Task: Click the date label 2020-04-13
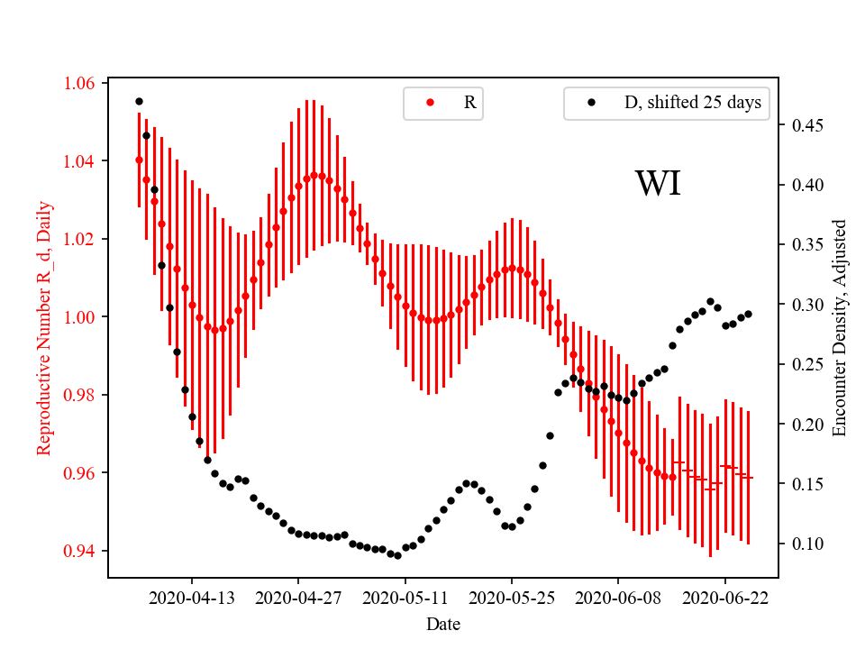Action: [x=191, y=598]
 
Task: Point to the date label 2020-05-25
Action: [x=512, y=598]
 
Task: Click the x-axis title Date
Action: [x=443, y=624]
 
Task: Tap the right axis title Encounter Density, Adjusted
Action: [x=840, y=327]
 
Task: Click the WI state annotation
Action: [x=658, y=184]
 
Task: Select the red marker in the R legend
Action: [x=430, y=103]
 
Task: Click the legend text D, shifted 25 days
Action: [x=692, y=103]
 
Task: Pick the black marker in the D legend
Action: [x=591, y=103]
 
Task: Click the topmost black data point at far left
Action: [x=139, y=101]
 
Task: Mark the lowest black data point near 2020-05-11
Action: [x=397, y=555]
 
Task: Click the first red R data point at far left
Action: [x=139, y=160]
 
